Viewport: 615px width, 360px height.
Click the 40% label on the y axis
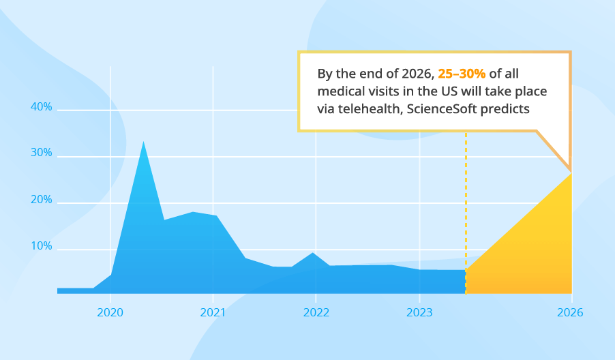pos(42,107)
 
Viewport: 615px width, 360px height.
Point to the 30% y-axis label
pos(42,153)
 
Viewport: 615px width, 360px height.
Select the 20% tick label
pos(42,200)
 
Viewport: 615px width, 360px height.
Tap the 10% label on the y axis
pos(42,246)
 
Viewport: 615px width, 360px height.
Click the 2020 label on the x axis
pos(110,312)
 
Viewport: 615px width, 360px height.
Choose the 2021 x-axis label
pos(213,312)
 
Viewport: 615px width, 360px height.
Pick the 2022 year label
pos(316,312)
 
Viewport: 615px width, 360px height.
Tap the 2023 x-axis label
pos(419,312)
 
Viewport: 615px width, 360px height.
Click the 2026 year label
pos(571,312)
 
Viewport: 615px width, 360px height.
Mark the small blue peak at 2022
pos(313,254)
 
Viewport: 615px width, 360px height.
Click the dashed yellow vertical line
pos(466,205)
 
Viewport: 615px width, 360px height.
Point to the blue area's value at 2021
pos(213,216)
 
